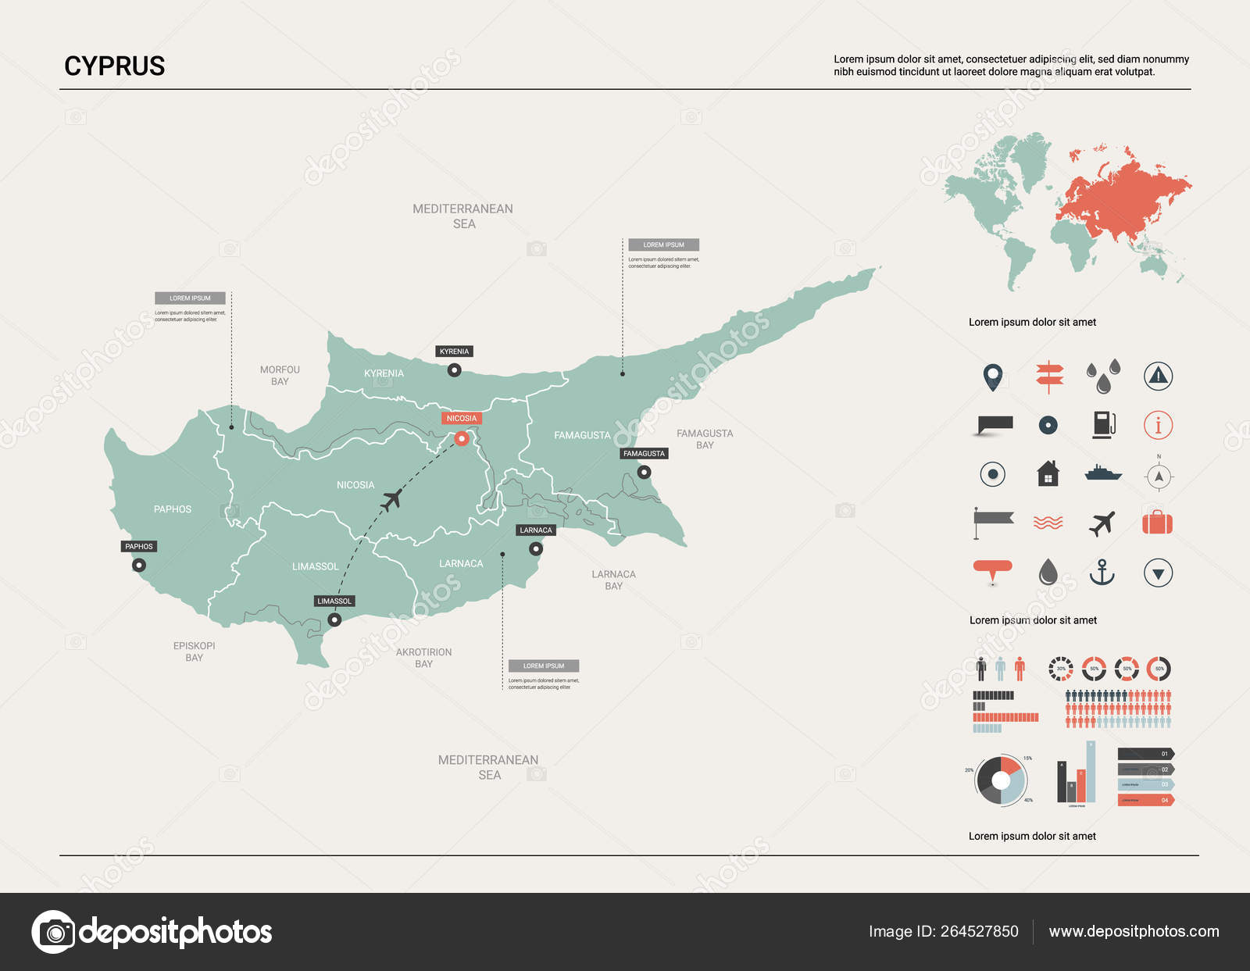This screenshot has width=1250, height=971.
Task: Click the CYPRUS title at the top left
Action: coord(115,66)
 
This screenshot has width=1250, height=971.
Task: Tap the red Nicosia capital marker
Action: coord(462,438)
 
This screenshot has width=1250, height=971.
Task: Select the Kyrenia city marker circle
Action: coord(454,370)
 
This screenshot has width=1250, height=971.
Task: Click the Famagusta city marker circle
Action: coord(644,472)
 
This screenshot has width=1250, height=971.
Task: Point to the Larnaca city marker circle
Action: coord(536,549)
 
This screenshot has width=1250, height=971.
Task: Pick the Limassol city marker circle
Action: coord(334,619)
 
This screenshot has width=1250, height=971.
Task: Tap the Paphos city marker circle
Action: coord(139,565)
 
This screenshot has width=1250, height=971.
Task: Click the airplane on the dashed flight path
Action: coord(391,498)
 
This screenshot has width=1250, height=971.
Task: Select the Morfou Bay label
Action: coord(280,375)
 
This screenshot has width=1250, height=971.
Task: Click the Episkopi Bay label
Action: coord(194,651)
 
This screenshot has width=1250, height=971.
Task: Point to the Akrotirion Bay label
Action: coord(423,658)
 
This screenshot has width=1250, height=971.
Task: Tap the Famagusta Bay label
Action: coord(705,439)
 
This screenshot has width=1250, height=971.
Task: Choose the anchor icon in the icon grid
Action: coord(1102,573)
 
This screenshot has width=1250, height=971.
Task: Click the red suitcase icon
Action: coord(1157,522)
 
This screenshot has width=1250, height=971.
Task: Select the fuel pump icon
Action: coord(1103,424)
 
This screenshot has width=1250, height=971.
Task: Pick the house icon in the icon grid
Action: coord(1048,473)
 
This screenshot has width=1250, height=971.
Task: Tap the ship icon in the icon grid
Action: coord(1103,473)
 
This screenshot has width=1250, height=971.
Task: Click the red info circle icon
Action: coord(1158,425)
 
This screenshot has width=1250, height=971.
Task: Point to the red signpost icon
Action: coord(1049,376)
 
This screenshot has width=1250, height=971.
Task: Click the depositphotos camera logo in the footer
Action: coord(53,931)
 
